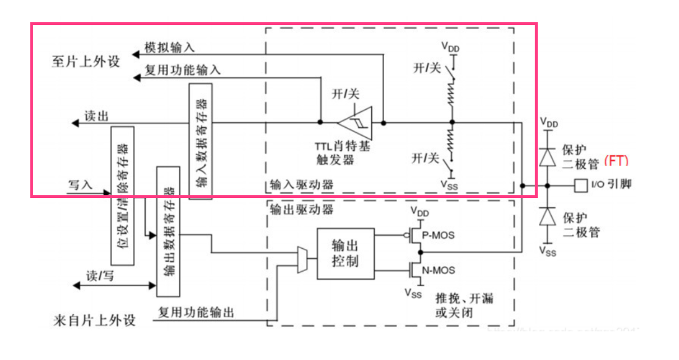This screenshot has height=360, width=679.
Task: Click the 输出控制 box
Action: (345, 254)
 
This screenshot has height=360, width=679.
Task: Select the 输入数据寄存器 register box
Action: (200, 141)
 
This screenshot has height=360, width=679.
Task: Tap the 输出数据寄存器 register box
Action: (168, 231)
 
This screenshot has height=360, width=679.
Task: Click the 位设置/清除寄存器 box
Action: (123, 195)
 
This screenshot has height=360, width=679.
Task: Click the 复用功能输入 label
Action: (182, 70)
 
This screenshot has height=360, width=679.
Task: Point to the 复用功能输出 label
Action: (196, 312)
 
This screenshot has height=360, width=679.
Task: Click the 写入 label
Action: (80, 184)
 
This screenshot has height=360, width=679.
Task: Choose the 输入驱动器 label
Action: (302, 185)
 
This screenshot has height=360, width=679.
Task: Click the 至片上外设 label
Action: (86, 61)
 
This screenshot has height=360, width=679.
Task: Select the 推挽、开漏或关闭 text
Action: (464, 305)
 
